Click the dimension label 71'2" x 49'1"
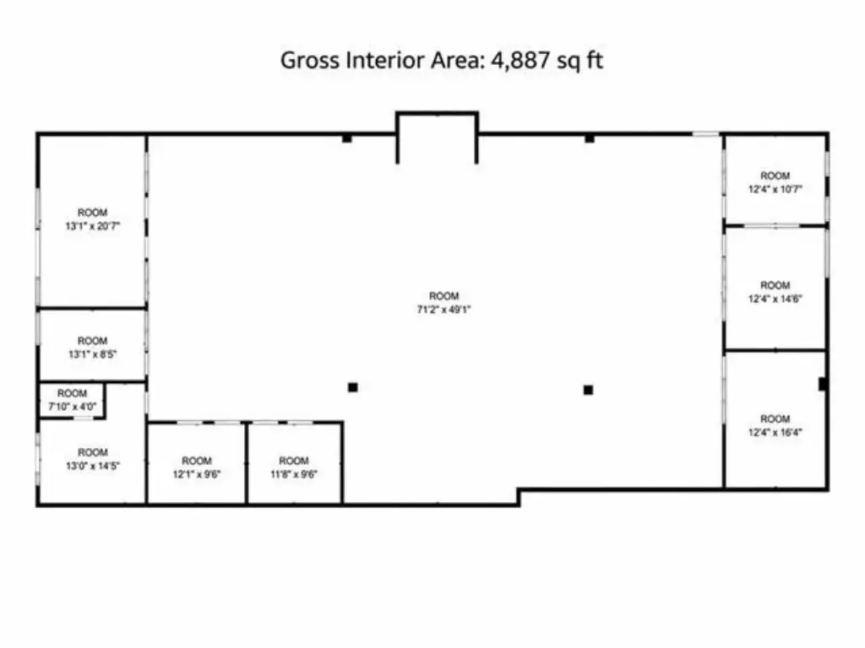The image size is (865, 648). click(x=443, y=310)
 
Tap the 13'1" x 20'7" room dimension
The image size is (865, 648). click(x=92, y=226)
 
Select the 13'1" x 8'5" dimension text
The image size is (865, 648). click(x=92, y=354)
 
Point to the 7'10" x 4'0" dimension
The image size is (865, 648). click(x=73, y=407)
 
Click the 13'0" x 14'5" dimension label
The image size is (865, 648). click(x=93, y=466)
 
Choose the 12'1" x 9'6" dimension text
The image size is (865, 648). click(x=196, y=474)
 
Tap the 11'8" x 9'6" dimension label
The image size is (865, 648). click(x=293, y=474)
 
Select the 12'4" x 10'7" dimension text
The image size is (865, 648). click(x=775, y=189)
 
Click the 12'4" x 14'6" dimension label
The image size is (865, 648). click(x=775, y=299)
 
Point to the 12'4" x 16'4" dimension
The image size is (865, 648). click(x=775, y=433)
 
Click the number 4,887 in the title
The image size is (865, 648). click(x=520, y=60)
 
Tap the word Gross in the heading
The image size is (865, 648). click(x=309, y=60)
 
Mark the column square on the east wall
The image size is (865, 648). click(x=822, y=384)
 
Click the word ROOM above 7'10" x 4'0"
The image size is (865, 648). click(x=73, y=393)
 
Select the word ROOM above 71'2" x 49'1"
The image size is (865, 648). click(x=444, y=296)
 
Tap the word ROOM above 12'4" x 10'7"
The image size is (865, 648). click(x=775, y=175)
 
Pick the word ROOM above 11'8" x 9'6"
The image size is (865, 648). click(x=293, y=461)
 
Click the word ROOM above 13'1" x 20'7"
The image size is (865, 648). click(x=92, y=213)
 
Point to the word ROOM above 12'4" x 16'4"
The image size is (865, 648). click(x=775, y=419)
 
